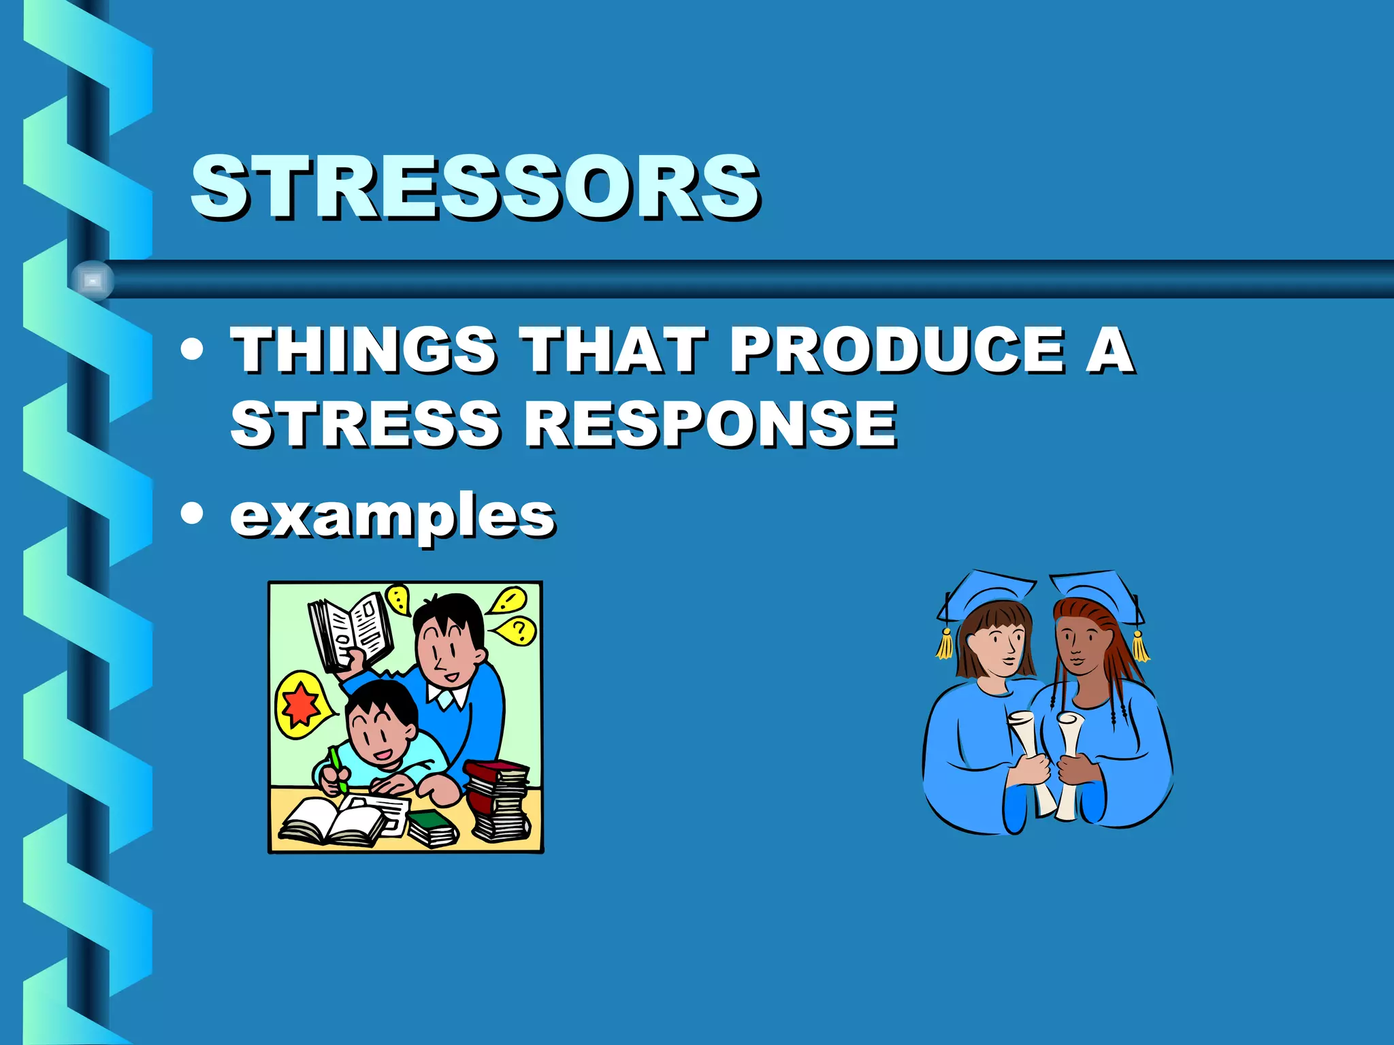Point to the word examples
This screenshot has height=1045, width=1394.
coord(393,516)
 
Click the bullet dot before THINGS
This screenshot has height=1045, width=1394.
coord(193,349)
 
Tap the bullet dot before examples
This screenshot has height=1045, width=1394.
coord(193,513)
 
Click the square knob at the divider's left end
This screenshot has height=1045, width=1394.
coord(93,280)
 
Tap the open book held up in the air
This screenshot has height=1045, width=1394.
coord(351,631)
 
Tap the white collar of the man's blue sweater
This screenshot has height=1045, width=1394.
coord(448,695)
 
